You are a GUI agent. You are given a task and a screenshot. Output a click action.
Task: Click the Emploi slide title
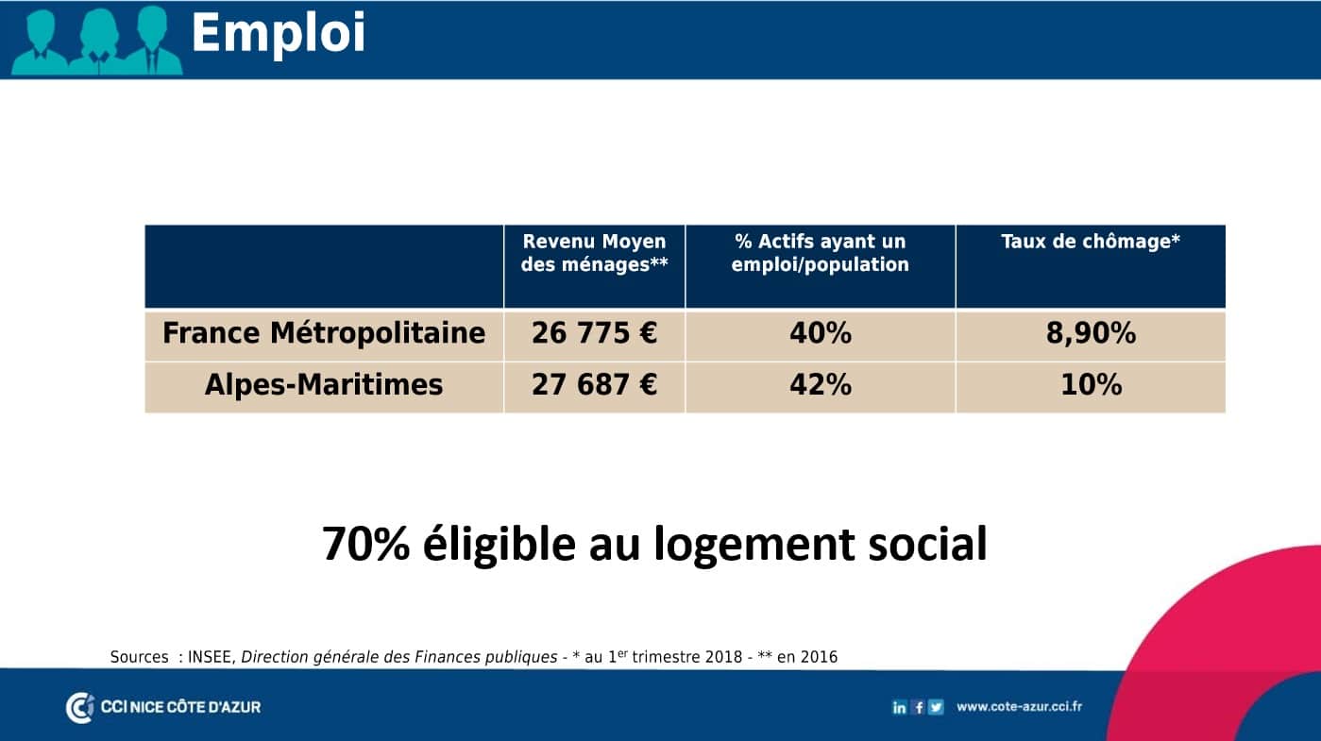[x=279, y=34]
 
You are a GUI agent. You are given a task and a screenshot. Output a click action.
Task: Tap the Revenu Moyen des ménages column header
[x=595, y=253]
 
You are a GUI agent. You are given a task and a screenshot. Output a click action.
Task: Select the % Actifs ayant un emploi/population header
[x=821, y=253]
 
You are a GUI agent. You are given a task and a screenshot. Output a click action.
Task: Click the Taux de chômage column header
[x=1091, y=242]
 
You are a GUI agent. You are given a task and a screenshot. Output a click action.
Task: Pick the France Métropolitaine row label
[x=324, y=333]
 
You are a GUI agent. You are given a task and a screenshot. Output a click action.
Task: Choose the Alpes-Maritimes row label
[x=324, y=385]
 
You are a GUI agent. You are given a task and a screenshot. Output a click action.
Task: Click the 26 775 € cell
[x=595, y=333]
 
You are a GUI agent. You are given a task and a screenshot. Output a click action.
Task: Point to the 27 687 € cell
[x=595, y=385]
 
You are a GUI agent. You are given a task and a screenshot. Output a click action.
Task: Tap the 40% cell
[x=821, y=333]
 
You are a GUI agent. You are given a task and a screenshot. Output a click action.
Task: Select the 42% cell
[x=821, y=385]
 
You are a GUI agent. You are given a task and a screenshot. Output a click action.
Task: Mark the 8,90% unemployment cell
[x=1091, y=333]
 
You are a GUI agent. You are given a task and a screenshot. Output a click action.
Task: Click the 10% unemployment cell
[x=1091, y=385]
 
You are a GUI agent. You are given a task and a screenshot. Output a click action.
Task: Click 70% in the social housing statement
[x=365, y=544]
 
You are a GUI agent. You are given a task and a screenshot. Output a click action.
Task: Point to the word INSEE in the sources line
[x=210, y=657]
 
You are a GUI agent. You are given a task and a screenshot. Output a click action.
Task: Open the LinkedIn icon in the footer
[x=899, y=707]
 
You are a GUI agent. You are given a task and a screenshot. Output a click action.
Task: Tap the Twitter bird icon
[x=936, y=707]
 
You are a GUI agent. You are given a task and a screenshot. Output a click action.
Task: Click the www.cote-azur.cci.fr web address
[x=1019, y=706]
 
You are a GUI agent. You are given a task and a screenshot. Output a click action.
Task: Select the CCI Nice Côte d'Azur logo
[x=163, y=707]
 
